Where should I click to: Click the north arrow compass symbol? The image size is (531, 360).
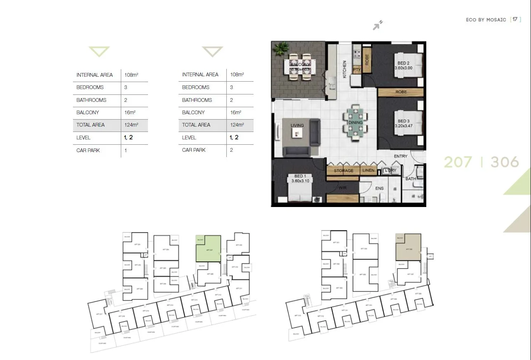point(377,26)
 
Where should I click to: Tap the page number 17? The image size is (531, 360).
point(515,19)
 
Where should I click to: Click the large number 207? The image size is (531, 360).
point(458,162)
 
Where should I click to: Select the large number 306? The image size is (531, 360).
point(505,162)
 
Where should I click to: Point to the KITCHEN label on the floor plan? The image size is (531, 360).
point(345,69)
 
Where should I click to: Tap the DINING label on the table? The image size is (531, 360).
point(355,122)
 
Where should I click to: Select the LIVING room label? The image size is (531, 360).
point(297,125)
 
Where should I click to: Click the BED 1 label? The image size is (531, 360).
point(300,176)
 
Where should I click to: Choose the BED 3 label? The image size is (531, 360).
point(404,121)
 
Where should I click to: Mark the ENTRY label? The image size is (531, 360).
point(400,156)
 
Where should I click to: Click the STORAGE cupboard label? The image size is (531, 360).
point(343,171)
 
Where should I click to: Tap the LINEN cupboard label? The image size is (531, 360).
point(368,170)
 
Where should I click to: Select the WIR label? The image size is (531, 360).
point(342,188)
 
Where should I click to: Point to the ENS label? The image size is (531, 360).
point(380,188)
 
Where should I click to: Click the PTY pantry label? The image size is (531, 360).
point(357,70)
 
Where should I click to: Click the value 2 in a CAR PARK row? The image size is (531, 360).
point(231,150)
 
